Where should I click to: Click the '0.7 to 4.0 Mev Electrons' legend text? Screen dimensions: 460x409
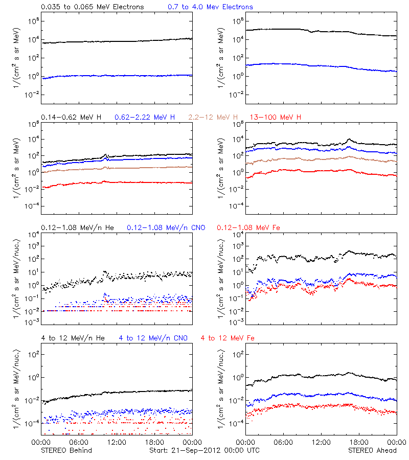point(210,7)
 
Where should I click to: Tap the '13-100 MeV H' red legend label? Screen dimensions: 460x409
point(275,118)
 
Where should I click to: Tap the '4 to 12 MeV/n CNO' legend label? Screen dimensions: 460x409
point(153,338)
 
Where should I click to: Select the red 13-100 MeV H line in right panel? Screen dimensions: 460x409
point(317,171)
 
